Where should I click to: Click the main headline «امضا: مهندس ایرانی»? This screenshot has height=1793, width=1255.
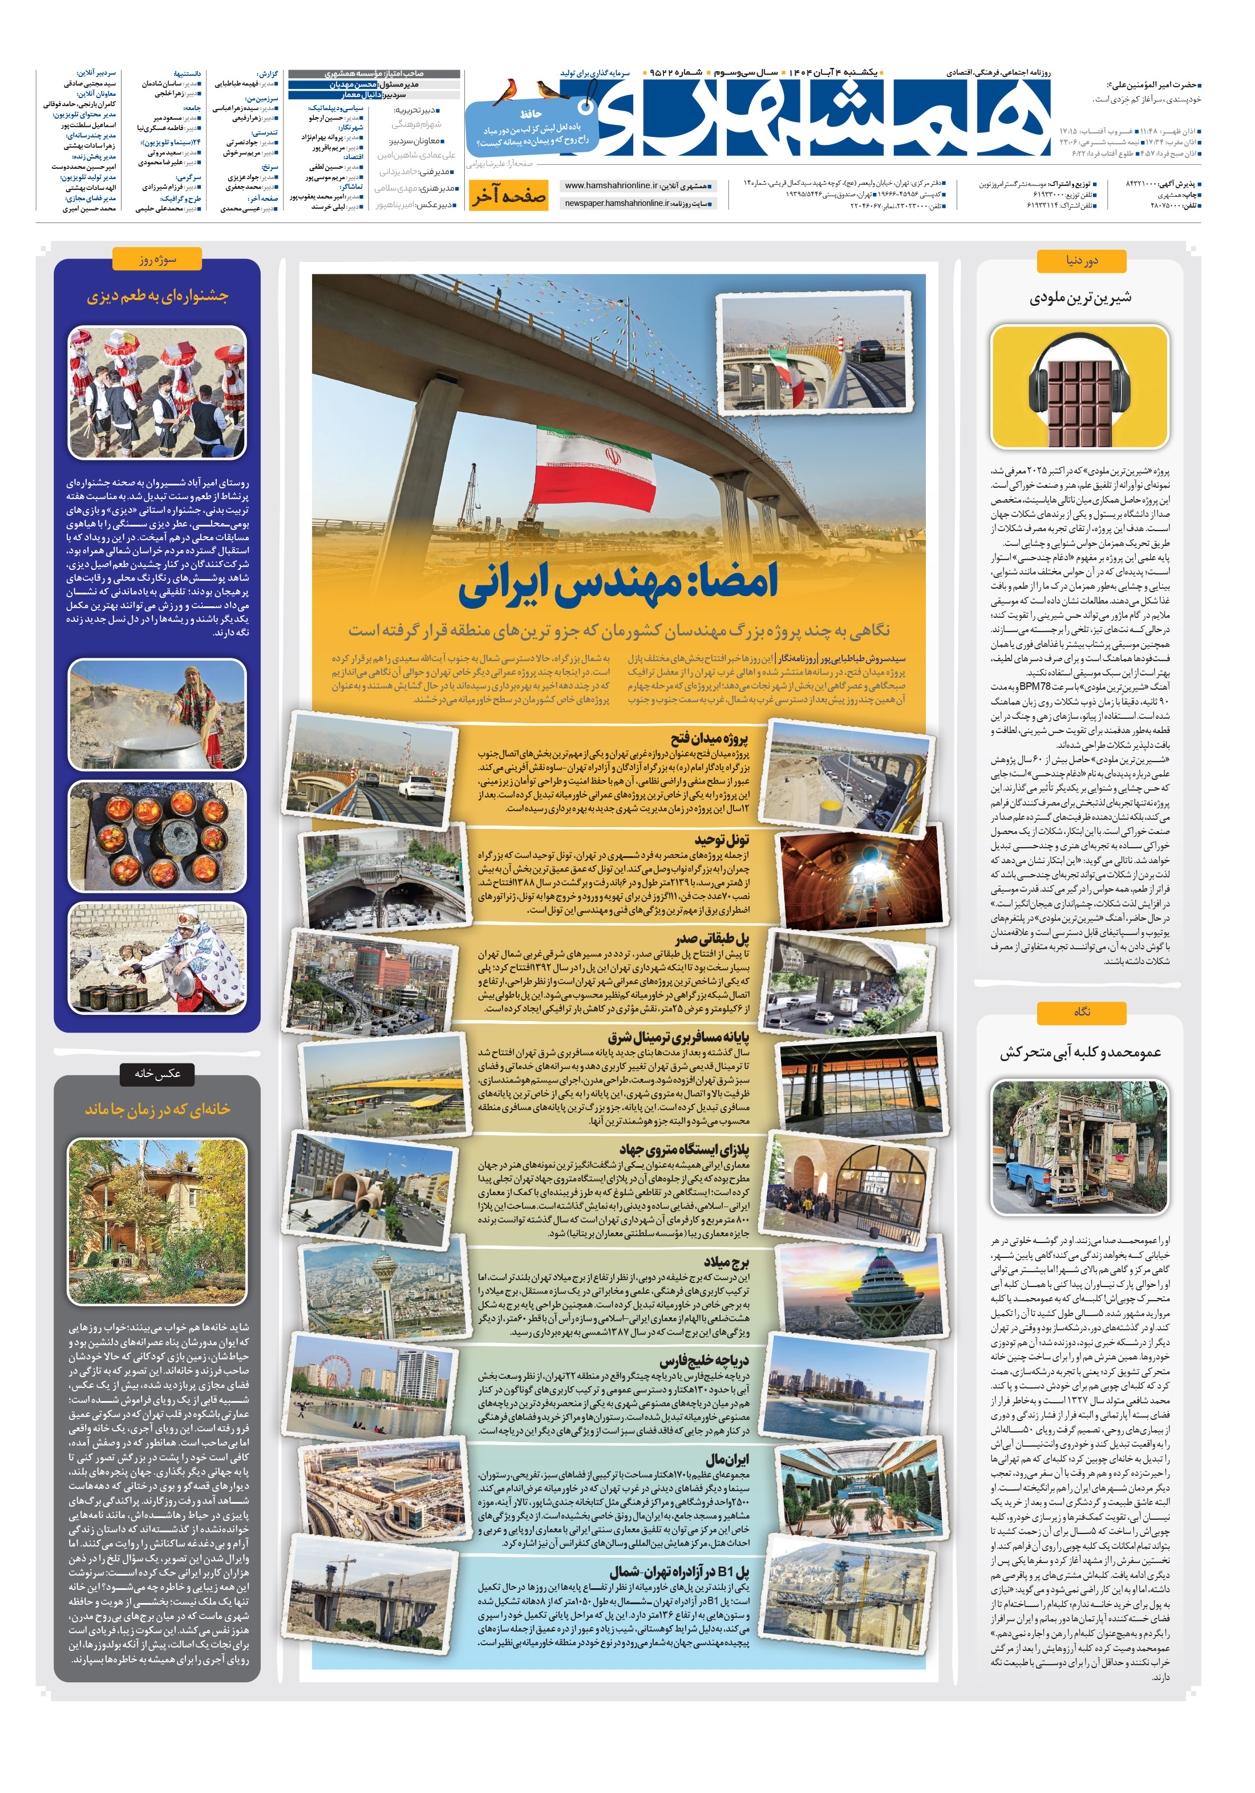618,584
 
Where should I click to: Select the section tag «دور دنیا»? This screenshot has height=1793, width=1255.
1081,261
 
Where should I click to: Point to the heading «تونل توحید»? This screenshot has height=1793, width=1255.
722,840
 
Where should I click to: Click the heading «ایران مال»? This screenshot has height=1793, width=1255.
727,1458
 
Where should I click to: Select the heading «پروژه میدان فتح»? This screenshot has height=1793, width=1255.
709,739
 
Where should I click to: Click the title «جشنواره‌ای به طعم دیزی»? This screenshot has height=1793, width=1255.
157,296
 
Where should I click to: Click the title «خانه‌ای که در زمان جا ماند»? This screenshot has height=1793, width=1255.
157,1109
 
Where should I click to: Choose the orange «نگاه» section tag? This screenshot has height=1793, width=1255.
1081,1013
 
